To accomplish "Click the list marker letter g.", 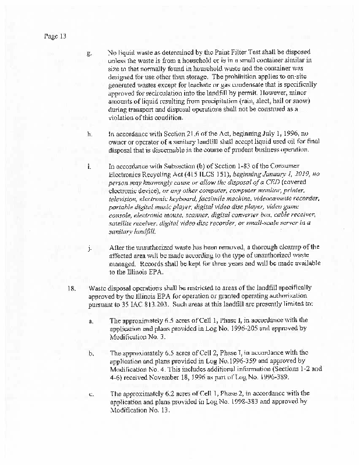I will (89, 54).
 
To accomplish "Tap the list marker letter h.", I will (89, 134).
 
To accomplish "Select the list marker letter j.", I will (89, 248).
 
